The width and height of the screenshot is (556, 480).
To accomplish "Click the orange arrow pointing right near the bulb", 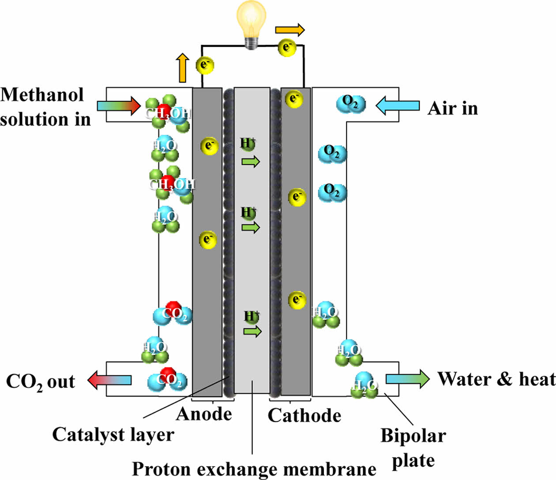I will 290,30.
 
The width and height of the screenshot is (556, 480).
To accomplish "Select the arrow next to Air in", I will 398,106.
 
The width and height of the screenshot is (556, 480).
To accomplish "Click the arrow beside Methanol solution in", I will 118,106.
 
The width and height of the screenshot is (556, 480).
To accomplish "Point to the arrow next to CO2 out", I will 109,380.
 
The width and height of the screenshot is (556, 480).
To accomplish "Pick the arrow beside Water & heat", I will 407,379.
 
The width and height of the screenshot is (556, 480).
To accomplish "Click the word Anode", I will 204,414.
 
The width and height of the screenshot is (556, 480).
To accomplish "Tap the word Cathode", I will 304,415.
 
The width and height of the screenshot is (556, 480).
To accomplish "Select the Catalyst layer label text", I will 113,435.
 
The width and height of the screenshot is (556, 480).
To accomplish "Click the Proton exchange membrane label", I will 254,469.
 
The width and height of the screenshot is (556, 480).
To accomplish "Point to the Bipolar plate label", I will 413,448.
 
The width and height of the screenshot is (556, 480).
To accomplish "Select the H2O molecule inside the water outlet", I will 364,385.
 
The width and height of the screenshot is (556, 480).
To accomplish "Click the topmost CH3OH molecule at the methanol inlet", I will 168,112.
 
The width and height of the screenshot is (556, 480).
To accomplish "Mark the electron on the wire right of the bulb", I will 287,47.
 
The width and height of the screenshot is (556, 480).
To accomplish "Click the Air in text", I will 453,108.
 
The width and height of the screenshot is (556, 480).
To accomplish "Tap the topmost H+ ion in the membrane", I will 248,143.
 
